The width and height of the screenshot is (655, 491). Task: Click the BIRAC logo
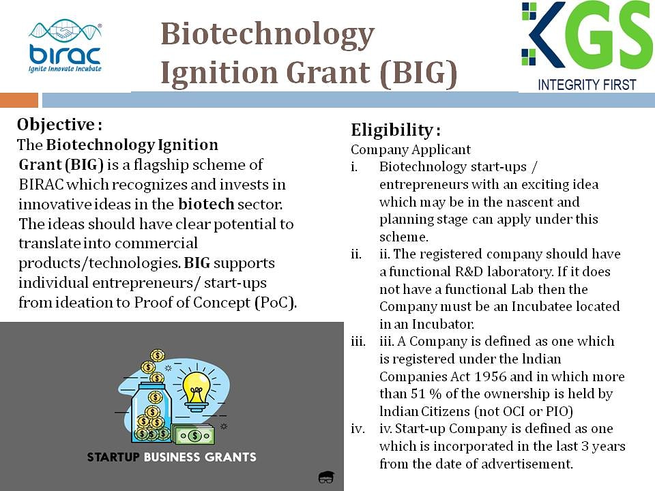tap(65, 46)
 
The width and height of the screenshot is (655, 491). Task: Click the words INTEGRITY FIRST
tap(587, 85)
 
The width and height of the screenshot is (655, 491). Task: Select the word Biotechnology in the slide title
tap(267, 35)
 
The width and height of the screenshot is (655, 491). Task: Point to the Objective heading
tap(59, 124)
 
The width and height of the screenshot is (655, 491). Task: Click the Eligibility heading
tap(395, 130)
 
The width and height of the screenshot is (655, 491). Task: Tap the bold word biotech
tap(206, 204)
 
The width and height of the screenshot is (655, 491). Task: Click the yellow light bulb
tap(196, 389)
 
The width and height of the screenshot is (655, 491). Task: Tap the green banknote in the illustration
tap(194, 436)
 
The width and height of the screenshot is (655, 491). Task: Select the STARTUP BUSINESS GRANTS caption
tap(172, 457)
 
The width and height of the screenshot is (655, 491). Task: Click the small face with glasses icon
tap(326, 477)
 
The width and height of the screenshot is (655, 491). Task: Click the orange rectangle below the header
tap(19, 100)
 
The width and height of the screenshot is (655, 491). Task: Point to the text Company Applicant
tap(411, 149)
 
